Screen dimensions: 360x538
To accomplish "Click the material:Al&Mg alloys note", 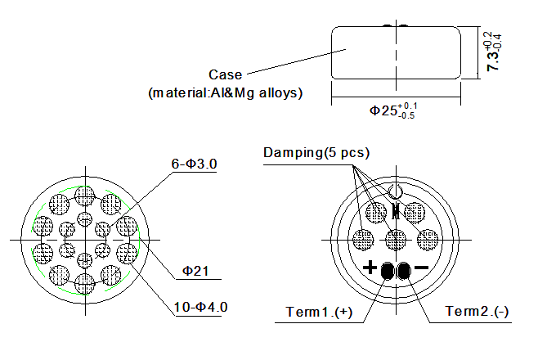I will click(226, 92).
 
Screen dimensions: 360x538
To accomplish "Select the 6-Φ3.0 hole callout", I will click(194, 164).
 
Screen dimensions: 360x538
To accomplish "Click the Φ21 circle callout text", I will click(198, 270).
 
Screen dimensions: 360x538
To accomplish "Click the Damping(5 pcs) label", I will click(316, 153).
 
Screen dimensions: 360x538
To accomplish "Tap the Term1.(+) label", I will click(319, 313).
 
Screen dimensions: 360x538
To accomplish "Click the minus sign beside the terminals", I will click(422, 268).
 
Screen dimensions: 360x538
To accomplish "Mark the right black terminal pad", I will click(404, 270).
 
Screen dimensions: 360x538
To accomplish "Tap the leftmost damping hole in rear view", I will click(363, 239).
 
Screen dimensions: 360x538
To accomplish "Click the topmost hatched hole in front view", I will click(84, 196).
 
